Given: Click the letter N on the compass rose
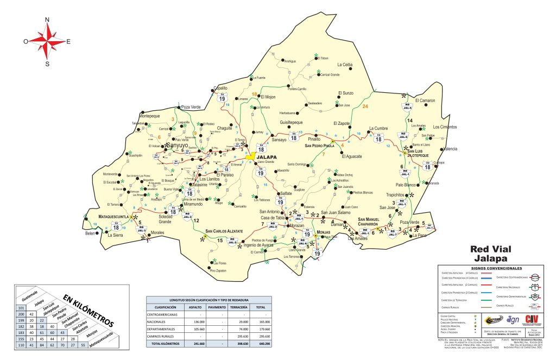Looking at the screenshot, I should point(47,20).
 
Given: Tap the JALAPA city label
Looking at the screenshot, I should point(267,157).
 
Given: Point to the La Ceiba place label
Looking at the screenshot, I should point(345,65).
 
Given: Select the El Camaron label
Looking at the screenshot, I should point(425,100).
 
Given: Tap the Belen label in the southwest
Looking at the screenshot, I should point(90,233).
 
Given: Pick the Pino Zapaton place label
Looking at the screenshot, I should point(218,270).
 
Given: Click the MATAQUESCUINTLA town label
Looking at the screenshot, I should point(106,216).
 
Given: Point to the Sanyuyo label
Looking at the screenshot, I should point(176,146).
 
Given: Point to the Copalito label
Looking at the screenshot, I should point(220,88).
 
